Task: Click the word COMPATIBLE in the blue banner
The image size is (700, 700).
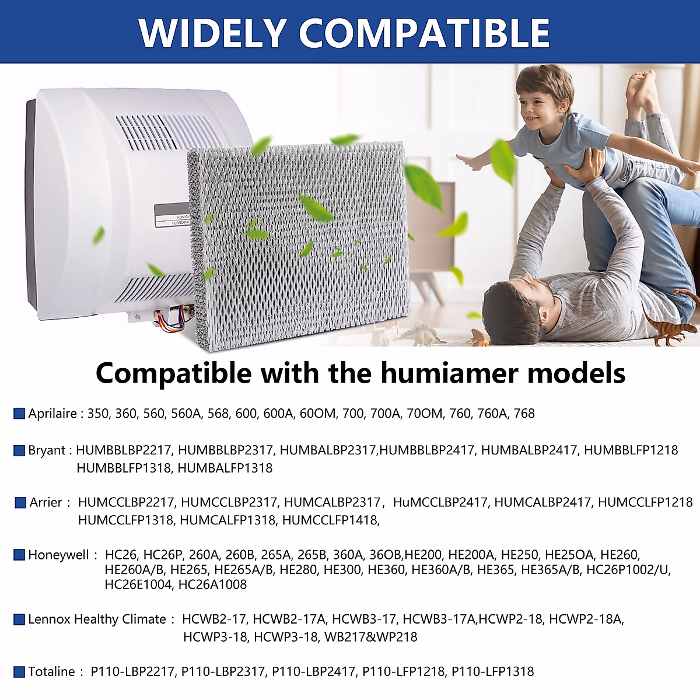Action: coord(425,33)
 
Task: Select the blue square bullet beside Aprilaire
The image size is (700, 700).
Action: coord(19,414)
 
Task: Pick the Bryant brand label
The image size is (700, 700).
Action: coord(47,450)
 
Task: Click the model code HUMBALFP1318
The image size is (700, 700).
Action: coord(225,468)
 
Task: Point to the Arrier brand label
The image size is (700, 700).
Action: coord(46,502)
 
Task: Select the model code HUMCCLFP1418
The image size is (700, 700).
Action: coord(330,520)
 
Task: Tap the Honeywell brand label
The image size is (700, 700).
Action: coord(58,555)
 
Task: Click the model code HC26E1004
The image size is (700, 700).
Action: coord(138,584)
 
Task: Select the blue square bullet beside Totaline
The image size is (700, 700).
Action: coord(19,671)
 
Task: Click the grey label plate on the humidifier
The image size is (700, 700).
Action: coord(172,215)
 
